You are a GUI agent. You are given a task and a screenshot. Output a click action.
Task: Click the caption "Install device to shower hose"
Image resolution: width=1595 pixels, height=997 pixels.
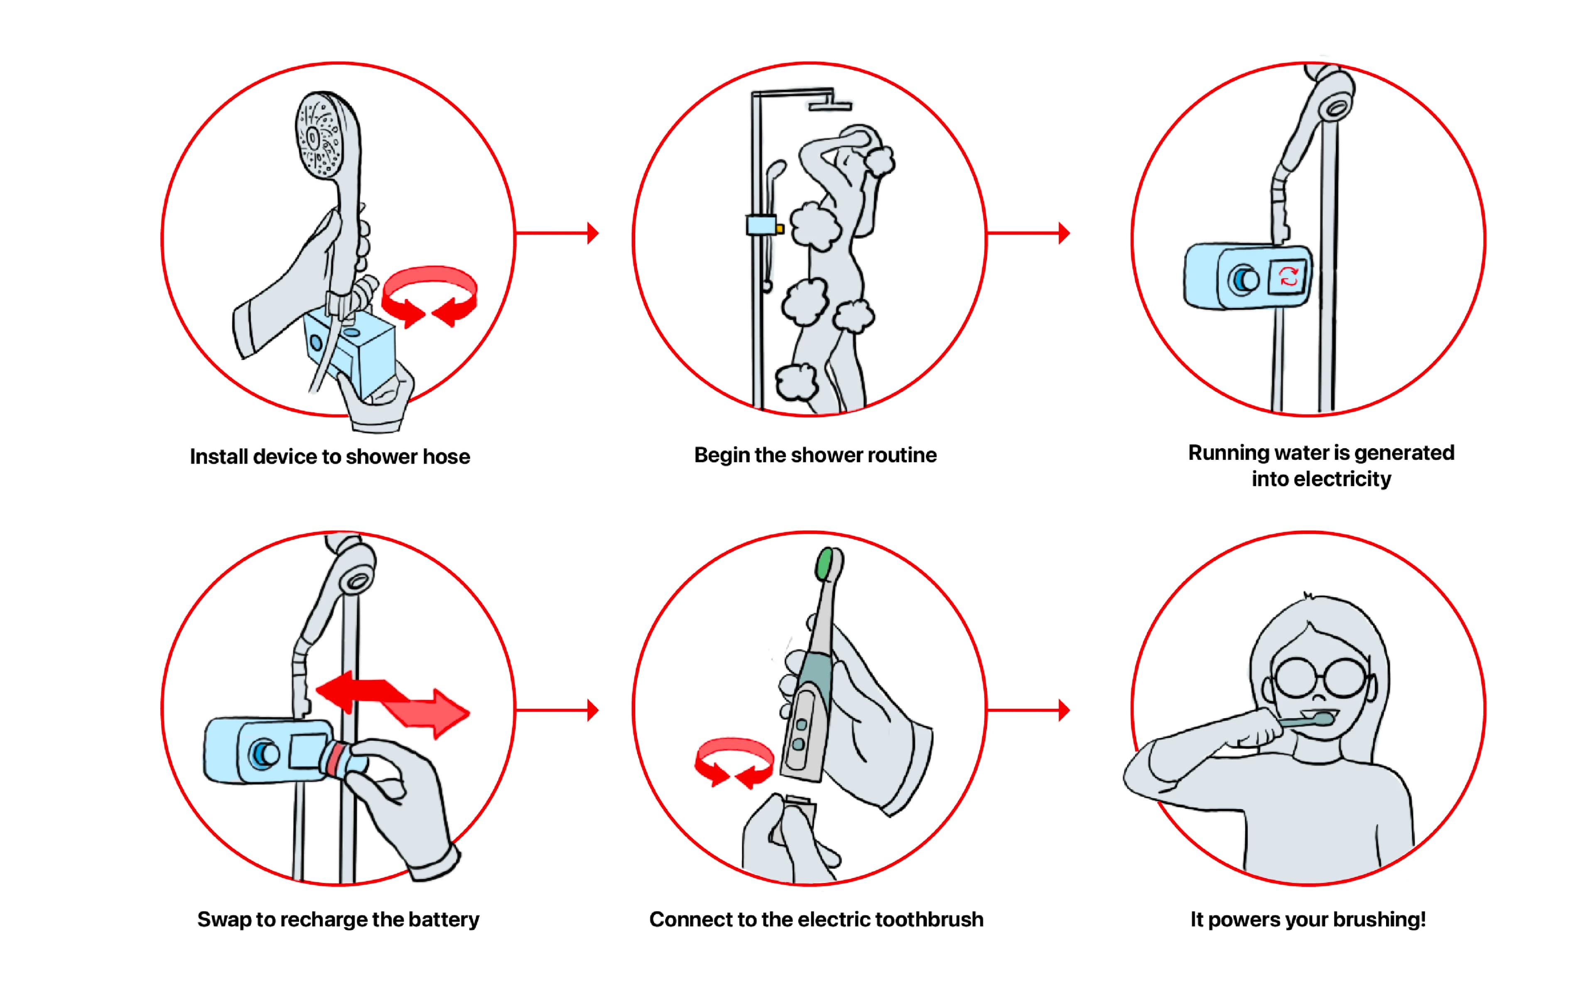(329, 456)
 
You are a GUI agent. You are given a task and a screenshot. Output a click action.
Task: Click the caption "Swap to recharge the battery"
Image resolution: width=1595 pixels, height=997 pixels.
(338, 919)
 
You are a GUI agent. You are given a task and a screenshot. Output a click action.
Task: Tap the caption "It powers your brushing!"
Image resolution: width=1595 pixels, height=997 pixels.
(1308, 919)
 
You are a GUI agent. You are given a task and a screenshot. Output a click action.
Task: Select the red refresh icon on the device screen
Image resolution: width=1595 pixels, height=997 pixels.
(1288, 276)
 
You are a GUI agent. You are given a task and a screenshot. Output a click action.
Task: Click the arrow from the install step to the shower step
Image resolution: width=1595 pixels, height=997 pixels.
(557, 233)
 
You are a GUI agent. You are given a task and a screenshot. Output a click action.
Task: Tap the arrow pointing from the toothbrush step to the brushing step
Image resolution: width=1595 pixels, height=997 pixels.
(1028, 710)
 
